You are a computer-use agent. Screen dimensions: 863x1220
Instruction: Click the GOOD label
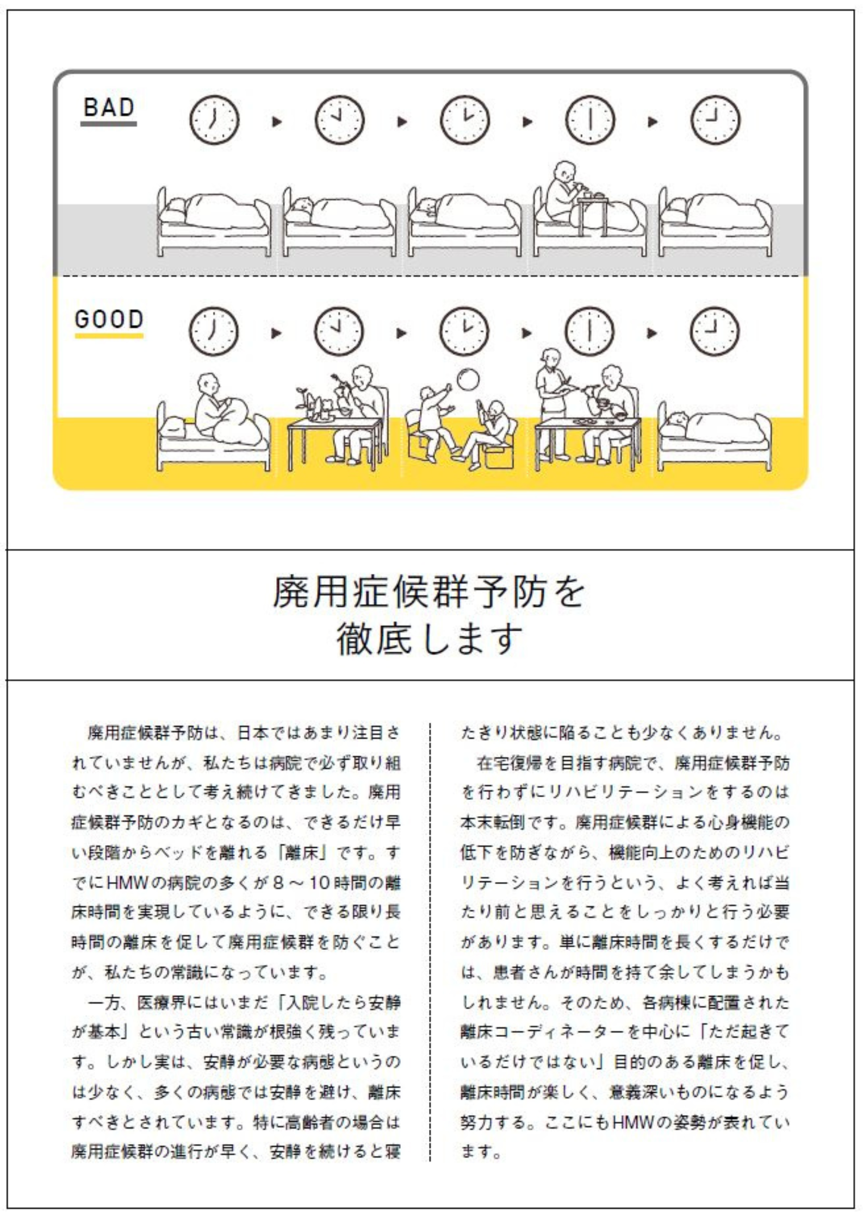[x=109, y=319]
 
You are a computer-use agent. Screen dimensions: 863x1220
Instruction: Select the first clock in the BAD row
[x=214, y=120]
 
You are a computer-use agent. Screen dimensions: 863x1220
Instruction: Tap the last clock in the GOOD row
[x=715, y=331]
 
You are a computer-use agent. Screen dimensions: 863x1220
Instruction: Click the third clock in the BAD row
[x=464, y=120]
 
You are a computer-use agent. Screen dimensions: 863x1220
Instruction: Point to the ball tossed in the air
[x=468, y=380]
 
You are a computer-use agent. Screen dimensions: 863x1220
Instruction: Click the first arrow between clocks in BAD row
[x=277, y=121]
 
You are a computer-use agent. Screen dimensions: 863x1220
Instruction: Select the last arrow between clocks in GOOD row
[x=652, y=333]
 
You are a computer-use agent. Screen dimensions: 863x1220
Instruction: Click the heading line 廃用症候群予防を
[x=429, y=592]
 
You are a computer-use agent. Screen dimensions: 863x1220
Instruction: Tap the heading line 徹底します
[x=429, y=639]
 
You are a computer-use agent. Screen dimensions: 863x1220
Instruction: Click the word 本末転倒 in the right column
[x=493, y=822]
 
